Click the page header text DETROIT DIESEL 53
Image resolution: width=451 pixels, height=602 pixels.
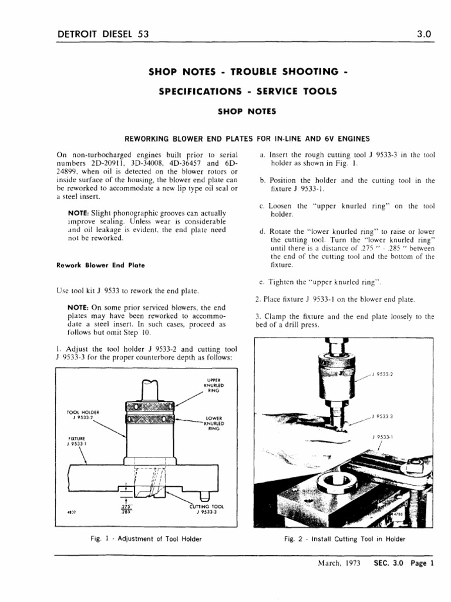(103, 34)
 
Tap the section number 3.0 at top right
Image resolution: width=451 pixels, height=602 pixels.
(424, 34)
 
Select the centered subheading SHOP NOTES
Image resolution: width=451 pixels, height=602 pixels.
(243, 111)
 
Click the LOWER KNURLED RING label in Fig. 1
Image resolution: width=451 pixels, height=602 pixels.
(213, 423)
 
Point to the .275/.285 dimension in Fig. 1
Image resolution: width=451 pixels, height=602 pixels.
(125, 509)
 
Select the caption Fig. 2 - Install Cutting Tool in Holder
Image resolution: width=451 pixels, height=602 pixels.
(345, 539)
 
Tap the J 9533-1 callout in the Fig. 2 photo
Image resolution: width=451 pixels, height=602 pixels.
(382, 437)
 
